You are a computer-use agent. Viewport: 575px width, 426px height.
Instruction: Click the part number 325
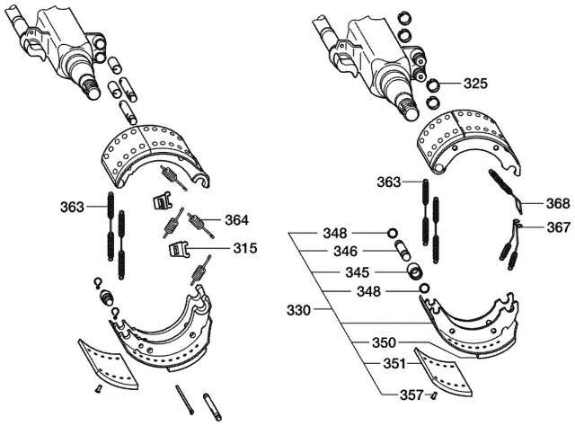point(475,84)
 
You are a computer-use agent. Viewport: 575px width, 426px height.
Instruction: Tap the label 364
point(237,218)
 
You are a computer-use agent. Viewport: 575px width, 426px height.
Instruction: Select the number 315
point(243,248)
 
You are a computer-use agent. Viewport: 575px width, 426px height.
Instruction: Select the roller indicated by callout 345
point(413,271)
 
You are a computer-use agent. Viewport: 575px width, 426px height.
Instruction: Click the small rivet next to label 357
point(435,394)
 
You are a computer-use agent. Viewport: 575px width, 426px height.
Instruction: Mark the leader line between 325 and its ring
point(451,85)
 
